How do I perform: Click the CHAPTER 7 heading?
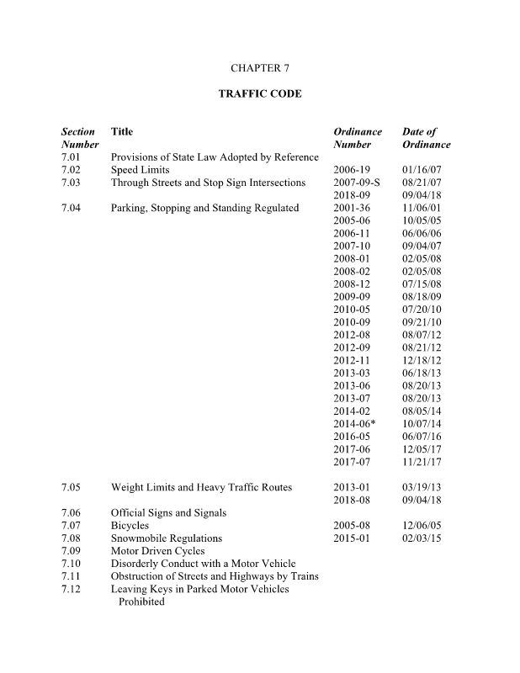point(259,66)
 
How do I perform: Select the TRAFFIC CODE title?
point(259,94)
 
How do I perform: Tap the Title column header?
point(122,132)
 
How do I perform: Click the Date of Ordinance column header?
point(426,138)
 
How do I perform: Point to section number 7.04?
point(71,208)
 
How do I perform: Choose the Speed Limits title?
point(140,170)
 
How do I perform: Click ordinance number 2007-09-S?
point(357,183)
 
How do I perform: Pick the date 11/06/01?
point(422,208)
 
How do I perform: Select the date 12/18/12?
point(422,360)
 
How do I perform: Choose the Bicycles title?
point(130,525)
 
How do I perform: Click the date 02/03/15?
point(422,538)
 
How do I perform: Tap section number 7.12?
point(71,589)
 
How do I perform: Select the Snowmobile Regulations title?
point(167,538)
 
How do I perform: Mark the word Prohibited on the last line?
point(141,601)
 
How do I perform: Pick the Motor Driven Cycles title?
point(157,550)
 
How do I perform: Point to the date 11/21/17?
point(422,462)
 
